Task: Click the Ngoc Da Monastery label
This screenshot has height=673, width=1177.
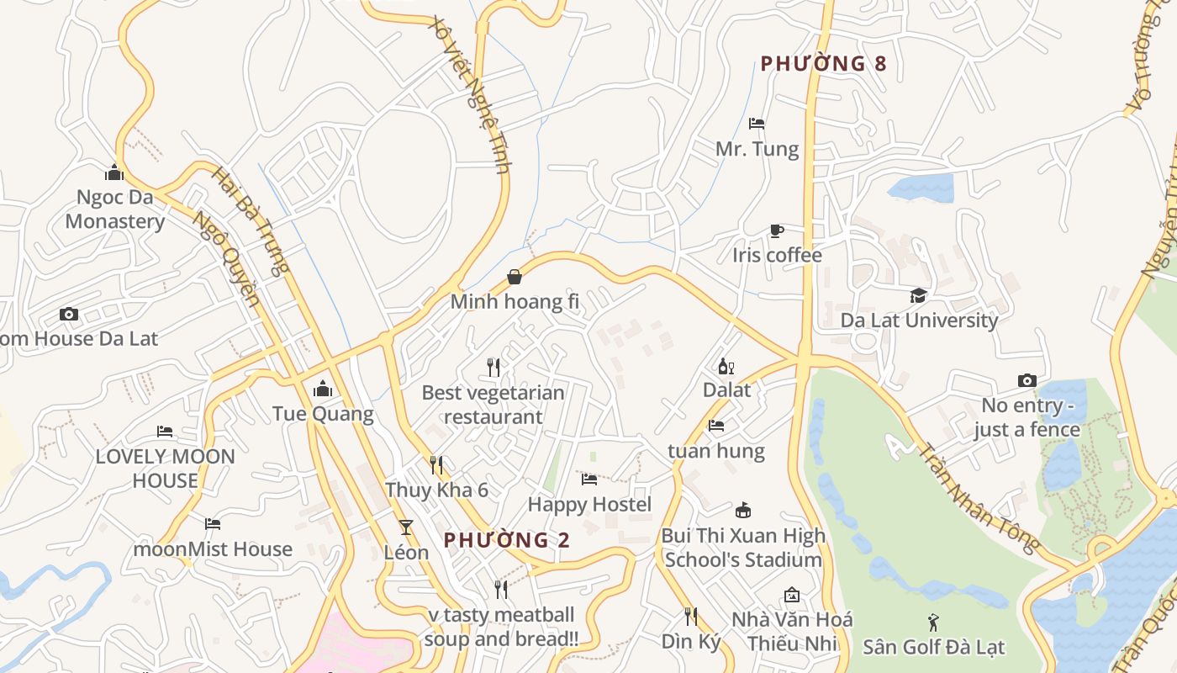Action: click(114, 209)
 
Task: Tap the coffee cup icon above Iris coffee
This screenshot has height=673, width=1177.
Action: click(777, 231)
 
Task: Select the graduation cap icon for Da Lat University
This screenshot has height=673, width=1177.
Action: click(918, 295)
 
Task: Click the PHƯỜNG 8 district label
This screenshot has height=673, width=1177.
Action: click(823, 63)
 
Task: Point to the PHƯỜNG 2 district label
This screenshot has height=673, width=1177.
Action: click(506, 540)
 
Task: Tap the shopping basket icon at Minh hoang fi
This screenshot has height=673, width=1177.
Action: click(515, 277)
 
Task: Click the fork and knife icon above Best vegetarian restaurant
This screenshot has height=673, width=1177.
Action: click(493, 368)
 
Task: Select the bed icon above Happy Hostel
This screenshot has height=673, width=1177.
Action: click(589, 480)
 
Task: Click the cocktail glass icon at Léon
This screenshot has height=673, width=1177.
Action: click(406, 527)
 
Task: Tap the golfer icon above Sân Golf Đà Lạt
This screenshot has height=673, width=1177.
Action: click(933, 623)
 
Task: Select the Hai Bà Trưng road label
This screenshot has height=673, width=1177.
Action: click(250, 221)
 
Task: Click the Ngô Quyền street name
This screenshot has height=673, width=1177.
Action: click(225, 257)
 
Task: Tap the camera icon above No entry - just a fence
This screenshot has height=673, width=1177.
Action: click(1027, 381)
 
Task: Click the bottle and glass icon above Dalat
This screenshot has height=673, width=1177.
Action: click(726, 366)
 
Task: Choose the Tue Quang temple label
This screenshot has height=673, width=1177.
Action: click(323, 413)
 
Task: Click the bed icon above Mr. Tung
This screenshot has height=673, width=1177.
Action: click(757, 124)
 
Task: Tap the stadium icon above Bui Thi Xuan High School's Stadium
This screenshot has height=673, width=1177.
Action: click(743, 510)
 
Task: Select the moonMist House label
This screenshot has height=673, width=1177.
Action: click(213, 548)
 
